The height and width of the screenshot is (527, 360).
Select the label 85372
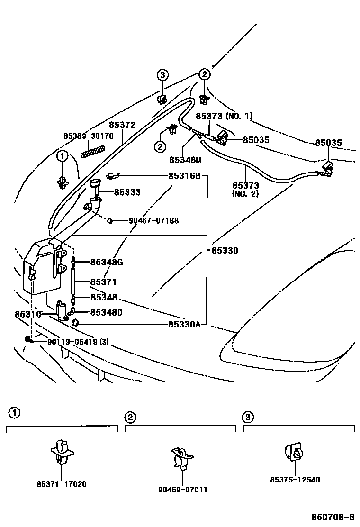click(x=122, y=125)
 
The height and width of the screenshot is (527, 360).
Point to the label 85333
click(x=126, y=193)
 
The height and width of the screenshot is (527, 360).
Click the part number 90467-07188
click(x=153, y=221)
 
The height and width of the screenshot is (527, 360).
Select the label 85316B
click(x=185, y=176)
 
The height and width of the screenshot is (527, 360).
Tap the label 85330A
click(x=185, y=324)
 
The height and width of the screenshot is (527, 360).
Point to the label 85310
click(x=24, y=314)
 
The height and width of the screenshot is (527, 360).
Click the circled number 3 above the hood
click(x=162, y=75)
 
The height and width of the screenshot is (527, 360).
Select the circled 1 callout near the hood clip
click(x=62, y=155)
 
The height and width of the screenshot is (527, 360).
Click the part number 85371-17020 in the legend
click(x=62, y=485)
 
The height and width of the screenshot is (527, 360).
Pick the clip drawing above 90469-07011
click(x=180, y=457)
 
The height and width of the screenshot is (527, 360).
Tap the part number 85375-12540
click(x=295, y=480)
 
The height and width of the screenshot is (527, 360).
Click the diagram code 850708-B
click(x=333, y=517)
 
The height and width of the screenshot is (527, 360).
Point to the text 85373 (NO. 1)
click(x=225, y=116)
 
